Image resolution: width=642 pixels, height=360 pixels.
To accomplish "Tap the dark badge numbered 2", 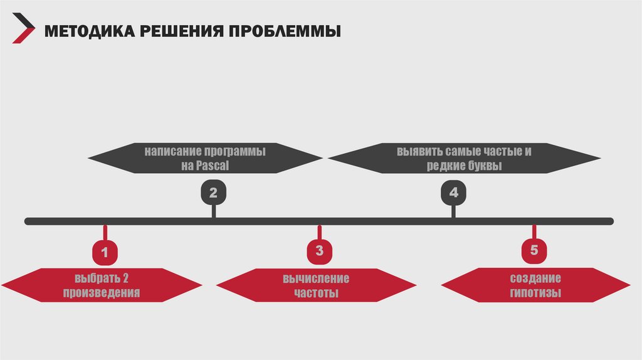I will [x=213, y=193].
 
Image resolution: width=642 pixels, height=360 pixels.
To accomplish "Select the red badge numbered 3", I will [x=320, y=251].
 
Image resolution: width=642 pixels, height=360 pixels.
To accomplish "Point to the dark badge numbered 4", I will [x=453, y=193].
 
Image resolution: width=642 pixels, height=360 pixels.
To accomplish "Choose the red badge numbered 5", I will [x=534, y=250].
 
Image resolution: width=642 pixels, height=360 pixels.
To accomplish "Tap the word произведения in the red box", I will [x=105, y=293].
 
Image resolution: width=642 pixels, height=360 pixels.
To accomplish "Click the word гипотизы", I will [x=535, y=293].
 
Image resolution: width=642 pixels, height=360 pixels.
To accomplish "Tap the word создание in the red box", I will [x=535, y=278].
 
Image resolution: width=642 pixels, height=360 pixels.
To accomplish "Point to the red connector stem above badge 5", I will [x=534, y=232].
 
